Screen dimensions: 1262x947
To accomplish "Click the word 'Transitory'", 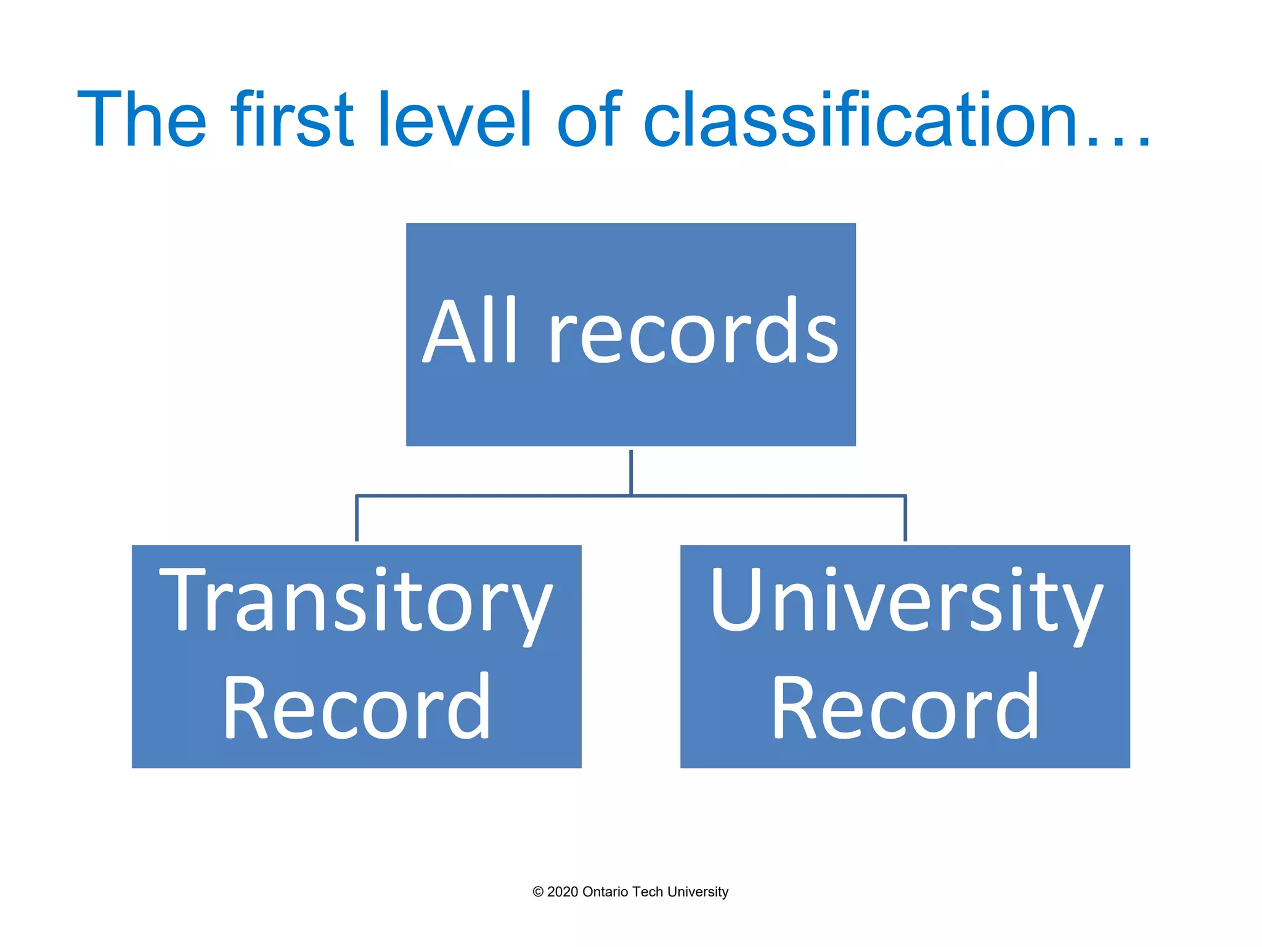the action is [356, 601].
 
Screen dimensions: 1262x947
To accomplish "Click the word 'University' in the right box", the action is [906, 601].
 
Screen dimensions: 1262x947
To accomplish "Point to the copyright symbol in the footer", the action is [538, 892].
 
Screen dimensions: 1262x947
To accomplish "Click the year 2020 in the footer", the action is [562, 892].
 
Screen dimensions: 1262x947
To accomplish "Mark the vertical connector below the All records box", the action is [631, 472].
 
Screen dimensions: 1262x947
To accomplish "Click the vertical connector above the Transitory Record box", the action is [356, 519].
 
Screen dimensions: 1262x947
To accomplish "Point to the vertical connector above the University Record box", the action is [905, 519].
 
